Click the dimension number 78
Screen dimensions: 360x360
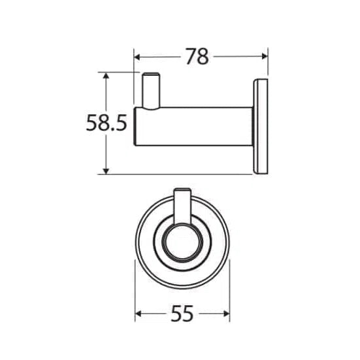pyautogui.click(x=196, y=57)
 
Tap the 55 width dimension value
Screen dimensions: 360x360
pyautogui.click(x=182, y=315)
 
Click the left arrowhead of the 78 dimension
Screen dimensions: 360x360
pyautogui.click(x=138, y=57)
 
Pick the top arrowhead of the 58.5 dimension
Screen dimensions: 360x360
pyautogui.click(x=106, y=76)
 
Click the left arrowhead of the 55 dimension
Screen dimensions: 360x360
pyautogui.click(x=139, y=314)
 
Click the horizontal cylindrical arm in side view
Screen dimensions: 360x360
pyautogui.click(x=193, y=127)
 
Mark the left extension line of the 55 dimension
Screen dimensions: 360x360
pyautogui.click(x=135, y=287)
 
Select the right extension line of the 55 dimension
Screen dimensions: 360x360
pyautogui.click(x=229, y=287)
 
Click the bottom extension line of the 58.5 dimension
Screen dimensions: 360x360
pyautogui.click(x=176, y=174)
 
